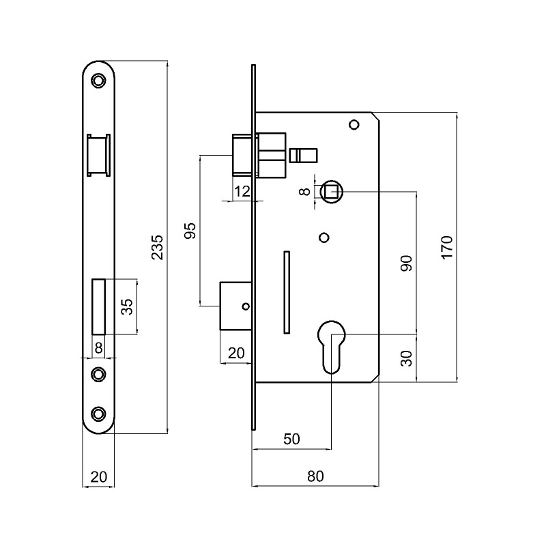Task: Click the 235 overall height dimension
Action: point(156,247)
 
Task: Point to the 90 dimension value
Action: point(407,263)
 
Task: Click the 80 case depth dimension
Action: point(315,476)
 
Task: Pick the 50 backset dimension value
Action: point(291,439)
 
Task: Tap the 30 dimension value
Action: point(407,358)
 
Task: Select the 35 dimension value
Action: point(127,306)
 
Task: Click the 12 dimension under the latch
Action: point(242,192)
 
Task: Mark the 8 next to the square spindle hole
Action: point(306,192)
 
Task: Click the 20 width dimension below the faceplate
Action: point(98,476)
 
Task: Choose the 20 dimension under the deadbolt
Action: point(235,353)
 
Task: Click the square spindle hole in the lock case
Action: point(332,192)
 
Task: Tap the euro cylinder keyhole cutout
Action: point(332,345)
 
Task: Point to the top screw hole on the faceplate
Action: point(99,81)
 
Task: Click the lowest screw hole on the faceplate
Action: point(99,414)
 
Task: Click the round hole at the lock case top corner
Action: point(354,125)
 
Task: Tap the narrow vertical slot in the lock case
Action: point(287,292)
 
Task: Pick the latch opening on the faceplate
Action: point(98,156)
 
